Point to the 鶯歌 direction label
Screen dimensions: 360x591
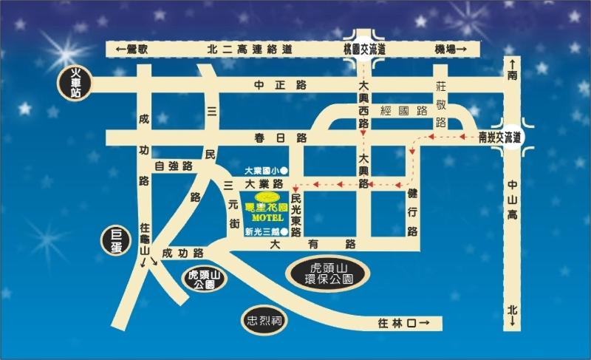[x=134, y=48]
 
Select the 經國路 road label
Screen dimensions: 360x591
[x=403, y=111]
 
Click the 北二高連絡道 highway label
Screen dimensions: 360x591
[x=250, y=48]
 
